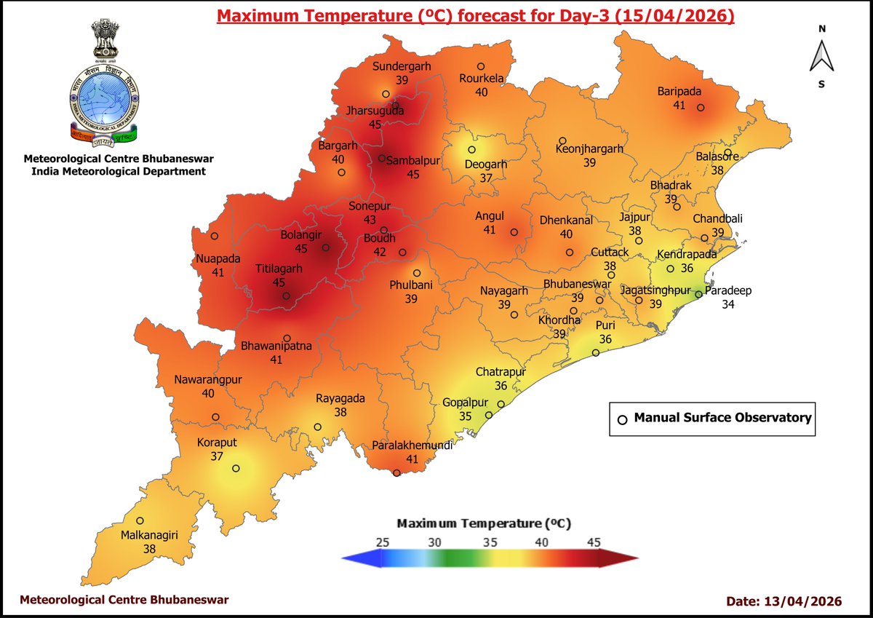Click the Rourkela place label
(481, 79)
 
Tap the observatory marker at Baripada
(701, 108)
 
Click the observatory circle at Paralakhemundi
(396, 473)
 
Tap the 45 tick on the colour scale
(594, 542)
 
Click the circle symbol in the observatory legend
(622, 419)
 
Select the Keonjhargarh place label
(589, 148)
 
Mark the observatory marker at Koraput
(236, 469)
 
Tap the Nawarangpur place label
(207, 380)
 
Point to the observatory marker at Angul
(514, 233)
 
